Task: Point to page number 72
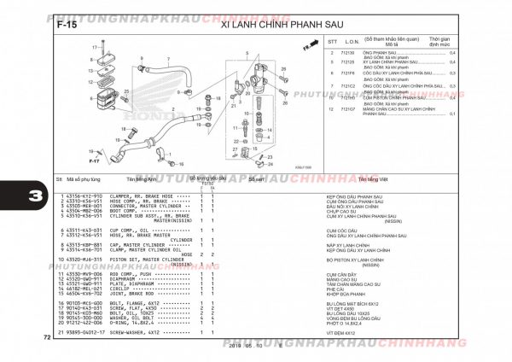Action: click(46, 339)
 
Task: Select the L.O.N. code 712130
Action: click(348, 53)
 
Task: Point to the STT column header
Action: click(332, 41)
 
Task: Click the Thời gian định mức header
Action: click(439, 42)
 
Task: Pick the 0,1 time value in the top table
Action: click(452, 114)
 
